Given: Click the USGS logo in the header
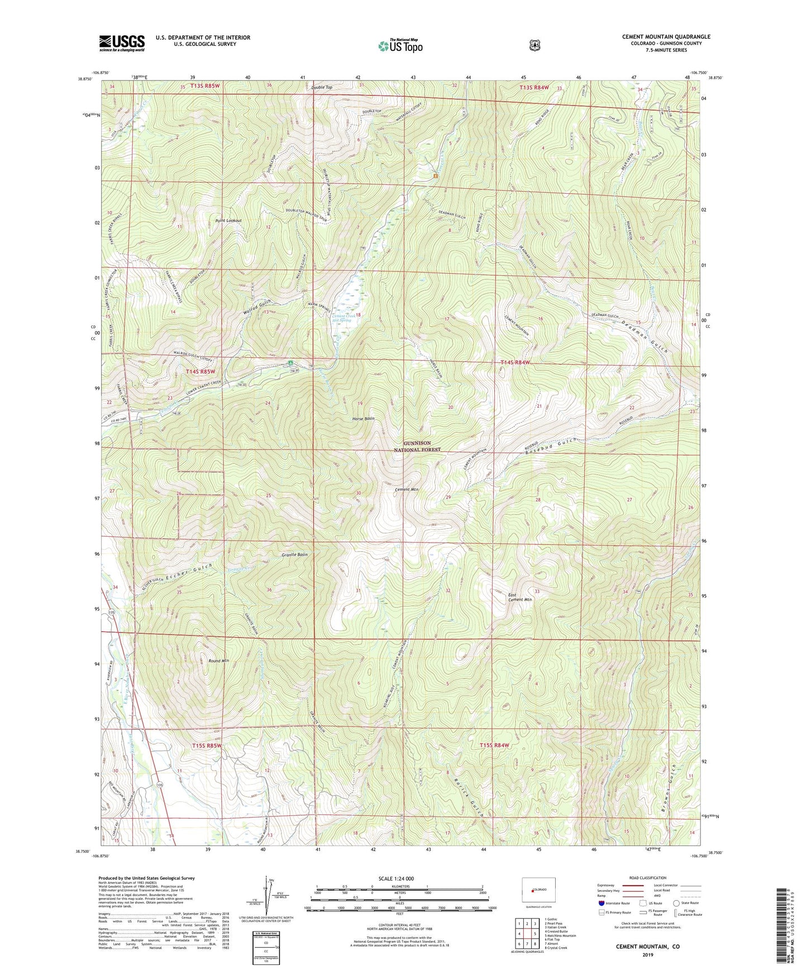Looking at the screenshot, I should (x=122, y=43).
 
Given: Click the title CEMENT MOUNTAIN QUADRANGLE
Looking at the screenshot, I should (x=666, y=37).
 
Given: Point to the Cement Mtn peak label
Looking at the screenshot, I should (x=407, y=490).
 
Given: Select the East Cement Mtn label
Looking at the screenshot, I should (x=519, y=597).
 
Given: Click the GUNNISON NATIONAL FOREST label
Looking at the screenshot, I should (x=417, y=446).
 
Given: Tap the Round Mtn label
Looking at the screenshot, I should (x=218, y=661).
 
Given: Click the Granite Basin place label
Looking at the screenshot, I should (x=294, y=555).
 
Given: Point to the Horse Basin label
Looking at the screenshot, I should (x=363, y=418).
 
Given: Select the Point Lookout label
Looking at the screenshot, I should (x=228, y=221).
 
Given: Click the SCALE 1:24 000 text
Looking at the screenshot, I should (x=396, y=878).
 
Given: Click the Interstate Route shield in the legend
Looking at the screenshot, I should (x=601, y=903).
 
